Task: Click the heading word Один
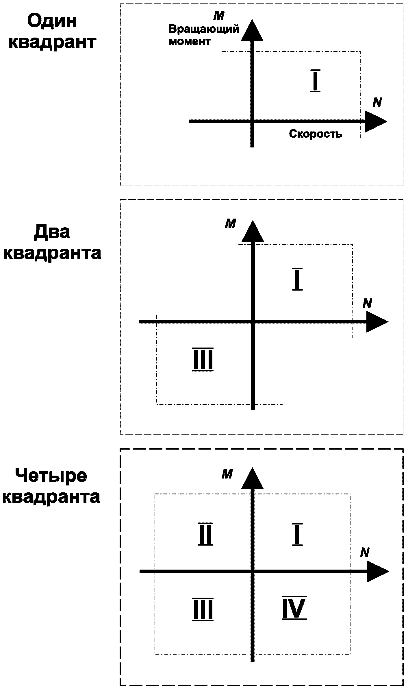pos(52,22)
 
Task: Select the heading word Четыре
pos(51,476)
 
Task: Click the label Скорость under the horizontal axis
pos(316,134)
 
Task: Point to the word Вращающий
pos(204,29)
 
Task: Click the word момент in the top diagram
pos(190,42)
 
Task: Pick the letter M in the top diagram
pos(219,16)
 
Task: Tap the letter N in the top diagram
pos(377,102)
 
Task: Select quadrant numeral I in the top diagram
pos(315,81)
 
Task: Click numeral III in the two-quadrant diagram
pos(203,359)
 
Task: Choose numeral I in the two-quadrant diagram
pos(297,279)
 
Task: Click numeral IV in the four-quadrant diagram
pos(294,608)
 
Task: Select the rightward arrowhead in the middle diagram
pos(376,322)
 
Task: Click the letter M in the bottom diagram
pos(227,474)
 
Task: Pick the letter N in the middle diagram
pos(367,303)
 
